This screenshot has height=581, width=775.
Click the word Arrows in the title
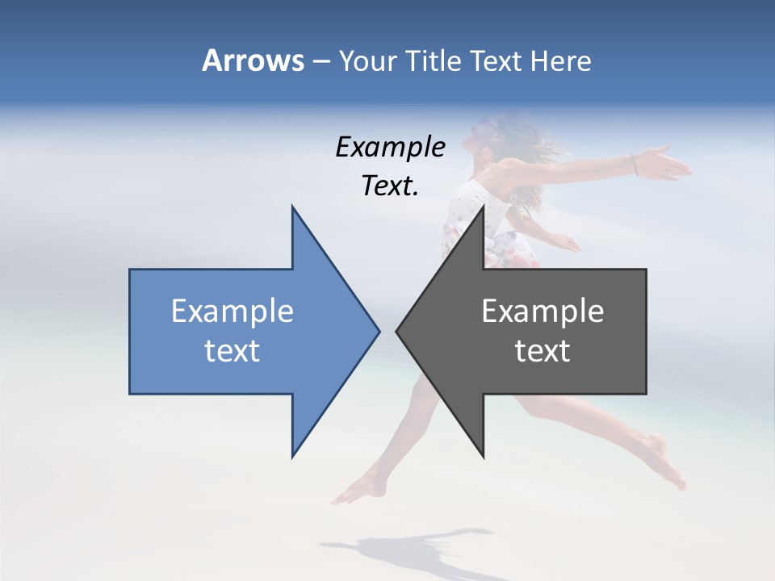click(253, 61)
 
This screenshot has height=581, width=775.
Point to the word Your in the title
click(368, 61)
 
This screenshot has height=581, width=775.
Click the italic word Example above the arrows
click(390, 147)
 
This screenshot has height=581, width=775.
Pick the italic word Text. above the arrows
click(390, 186)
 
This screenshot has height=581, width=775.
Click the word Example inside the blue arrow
click(232, 311)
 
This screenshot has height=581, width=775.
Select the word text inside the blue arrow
click(232, 351)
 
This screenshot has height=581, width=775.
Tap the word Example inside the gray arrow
click(542, 311)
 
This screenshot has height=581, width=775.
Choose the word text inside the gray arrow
click(542, 351)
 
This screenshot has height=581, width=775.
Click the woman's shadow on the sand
click(404, 549)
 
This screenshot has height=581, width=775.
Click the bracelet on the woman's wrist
click(635, 165)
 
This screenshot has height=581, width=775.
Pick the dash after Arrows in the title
click(320, 61)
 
